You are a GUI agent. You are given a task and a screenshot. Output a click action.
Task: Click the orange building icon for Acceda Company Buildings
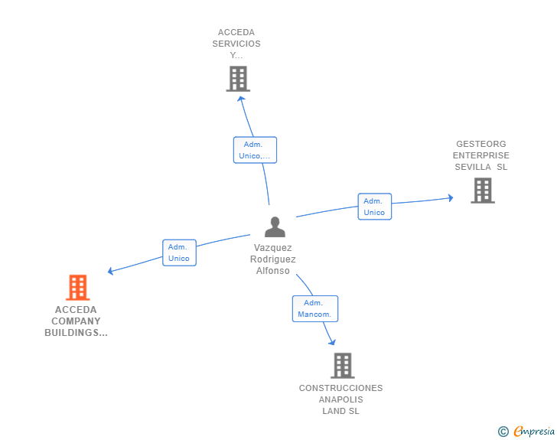[78, 287]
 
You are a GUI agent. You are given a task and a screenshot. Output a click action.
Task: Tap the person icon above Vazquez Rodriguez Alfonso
[275, 227]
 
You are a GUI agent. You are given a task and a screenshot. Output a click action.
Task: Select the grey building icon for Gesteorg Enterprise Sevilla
[483, 191]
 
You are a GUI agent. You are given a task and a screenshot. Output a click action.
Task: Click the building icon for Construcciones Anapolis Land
[343, 365]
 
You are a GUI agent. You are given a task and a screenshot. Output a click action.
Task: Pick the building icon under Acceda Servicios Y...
[239, 79]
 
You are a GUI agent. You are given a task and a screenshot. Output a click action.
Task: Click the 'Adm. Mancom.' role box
[315, 309]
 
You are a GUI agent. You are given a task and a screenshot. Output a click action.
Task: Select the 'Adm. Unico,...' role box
[255, 150]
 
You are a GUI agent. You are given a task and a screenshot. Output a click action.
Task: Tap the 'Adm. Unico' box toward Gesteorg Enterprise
[375, 207]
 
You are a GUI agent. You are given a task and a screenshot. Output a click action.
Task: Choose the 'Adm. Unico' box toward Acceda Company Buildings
[179, 253]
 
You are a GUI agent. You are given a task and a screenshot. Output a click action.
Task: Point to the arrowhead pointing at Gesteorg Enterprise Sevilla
[451, 198]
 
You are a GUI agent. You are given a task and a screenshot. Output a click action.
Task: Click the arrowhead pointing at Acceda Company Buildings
[110, 271]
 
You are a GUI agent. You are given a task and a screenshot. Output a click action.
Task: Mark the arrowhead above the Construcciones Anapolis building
[332, 342]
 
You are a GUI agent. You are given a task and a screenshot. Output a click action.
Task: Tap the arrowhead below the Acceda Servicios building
[241, 99]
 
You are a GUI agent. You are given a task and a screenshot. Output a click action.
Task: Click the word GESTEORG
[481, 144]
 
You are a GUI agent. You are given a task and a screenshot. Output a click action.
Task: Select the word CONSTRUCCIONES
[341, 388]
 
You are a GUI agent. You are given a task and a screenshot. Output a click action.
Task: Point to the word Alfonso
[273, 271]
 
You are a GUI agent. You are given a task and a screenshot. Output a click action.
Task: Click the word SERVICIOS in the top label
[236, 44]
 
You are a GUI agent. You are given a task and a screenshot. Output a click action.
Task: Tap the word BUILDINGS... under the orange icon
[76, 333]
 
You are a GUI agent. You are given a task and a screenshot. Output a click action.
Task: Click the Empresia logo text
[534, 431]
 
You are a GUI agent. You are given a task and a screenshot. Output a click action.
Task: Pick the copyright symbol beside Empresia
[503, 432]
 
